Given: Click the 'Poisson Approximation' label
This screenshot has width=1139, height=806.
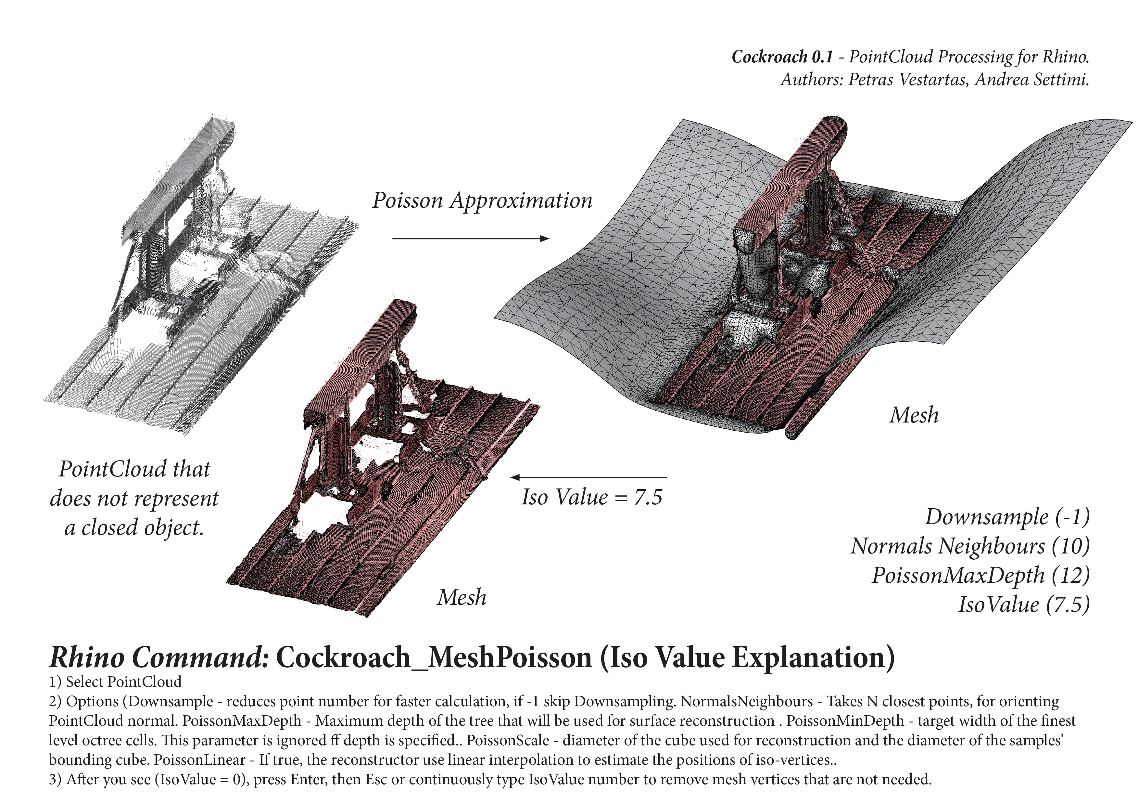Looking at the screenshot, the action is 482,201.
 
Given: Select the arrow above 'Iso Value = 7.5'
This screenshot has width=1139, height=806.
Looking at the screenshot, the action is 589,477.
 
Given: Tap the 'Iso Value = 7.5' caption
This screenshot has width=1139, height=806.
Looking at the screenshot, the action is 592,497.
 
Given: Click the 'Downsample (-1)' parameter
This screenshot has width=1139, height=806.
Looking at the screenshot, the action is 1007,517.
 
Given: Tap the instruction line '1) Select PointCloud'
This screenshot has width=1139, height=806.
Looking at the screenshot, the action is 115,682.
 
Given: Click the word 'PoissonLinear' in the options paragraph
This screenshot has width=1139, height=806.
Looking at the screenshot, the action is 199,760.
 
